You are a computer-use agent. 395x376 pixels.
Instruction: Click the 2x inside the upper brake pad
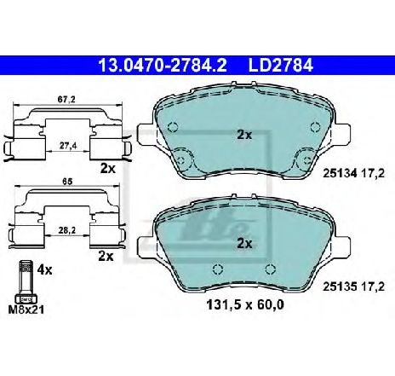point(245,134)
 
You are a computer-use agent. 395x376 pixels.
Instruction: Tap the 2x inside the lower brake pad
point(245,243)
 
